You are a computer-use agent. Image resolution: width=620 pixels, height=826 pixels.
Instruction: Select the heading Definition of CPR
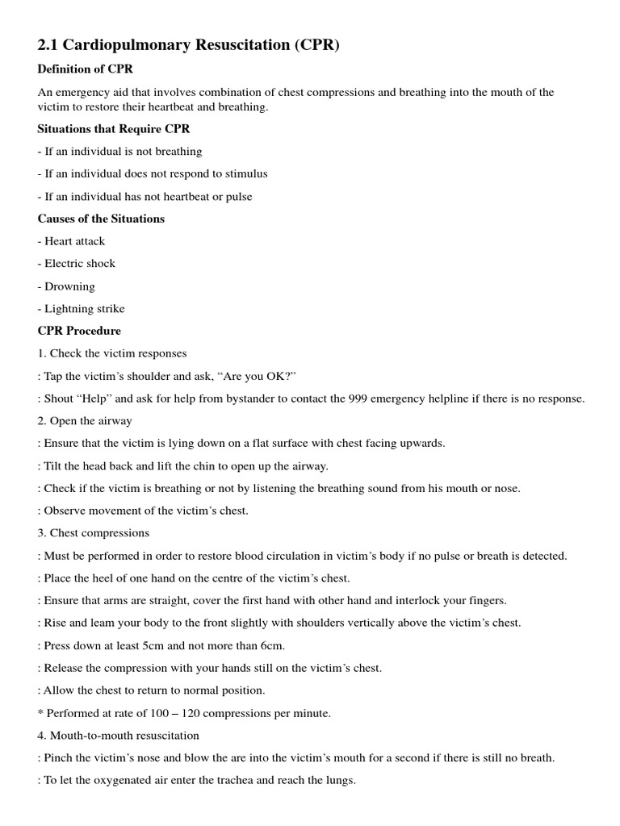[x=85, y=69]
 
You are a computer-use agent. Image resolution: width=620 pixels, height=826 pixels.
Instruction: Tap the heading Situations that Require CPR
[x=114, y=128]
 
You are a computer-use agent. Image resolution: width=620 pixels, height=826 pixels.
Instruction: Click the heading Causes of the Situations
[x=101, y=219]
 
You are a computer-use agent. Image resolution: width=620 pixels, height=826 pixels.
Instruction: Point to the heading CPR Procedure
[x=79, y=331]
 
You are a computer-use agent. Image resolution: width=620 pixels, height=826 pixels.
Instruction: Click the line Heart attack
[x=74, y=241]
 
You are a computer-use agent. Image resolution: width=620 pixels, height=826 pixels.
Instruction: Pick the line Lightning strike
[x=84, y=308]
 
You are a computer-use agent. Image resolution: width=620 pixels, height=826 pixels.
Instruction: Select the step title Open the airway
[x=90, y=421]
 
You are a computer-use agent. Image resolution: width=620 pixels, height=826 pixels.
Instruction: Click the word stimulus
[x=245, y=173]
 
